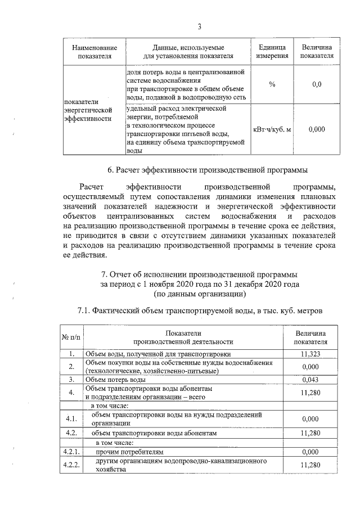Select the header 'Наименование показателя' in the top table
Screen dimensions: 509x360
(x=91, y=51)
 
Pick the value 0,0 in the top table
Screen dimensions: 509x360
(x=316, y=84)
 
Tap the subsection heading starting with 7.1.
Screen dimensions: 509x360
(x=199, y=310)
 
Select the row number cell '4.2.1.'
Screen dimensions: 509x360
(x=71, y=451)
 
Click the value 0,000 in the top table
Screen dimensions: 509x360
(x=316, y=129)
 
